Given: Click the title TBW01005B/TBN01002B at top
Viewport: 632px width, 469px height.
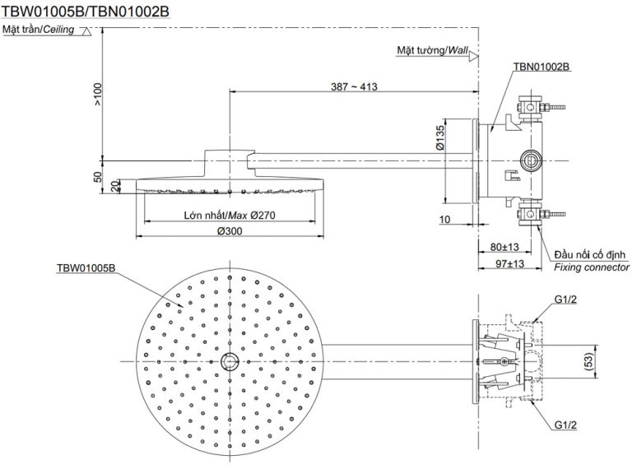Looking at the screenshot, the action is click(x=85, y=12).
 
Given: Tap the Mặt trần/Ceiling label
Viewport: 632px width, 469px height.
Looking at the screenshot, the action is click(x=39, y=30).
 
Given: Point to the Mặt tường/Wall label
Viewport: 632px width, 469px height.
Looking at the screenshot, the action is click(x=433, y=50).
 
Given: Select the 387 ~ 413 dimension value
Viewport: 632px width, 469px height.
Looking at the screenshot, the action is click(x=354, y=86).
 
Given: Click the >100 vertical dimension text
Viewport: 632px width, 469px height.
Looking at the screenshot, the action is click(x=98, y=94).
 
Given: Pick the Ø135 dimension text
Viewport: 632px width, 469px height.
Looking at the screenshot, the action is click(x=440, y=137).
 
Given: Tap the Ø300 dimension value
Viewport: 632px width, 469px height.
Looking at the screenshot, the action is click(x=230, y=231).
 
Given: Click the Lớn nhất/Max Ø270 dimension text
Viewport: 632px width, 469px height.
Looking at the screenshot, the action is click(x=230, y=215).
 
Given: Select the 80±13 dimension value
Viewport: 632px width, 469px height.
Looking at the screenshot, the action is click(x=504, y=247).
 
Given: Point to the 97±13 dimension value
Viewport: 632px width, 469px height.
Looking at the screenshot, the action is click(x=510, y=264).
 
